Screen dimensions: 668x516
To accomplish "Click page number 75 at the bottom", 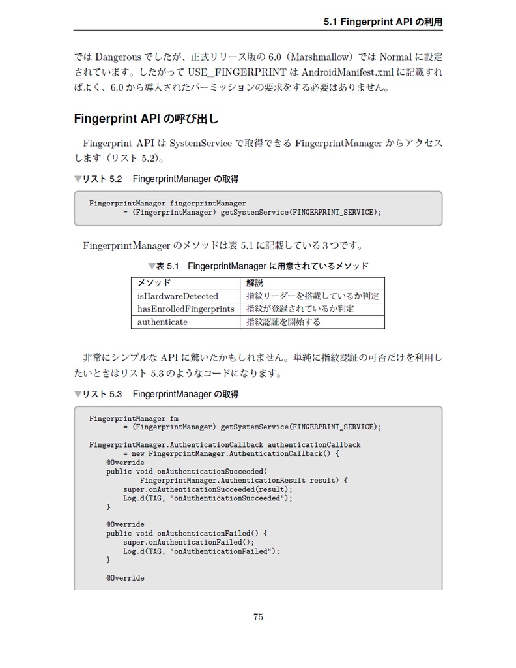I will point(258,617).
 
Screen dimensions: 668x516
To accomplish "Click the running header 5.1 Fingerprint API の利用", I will point(382,22).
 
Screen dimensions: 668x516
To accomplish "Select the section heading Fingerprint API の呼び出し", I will point(147,119).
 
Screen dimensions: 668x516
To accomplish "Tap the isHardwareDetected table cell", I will point(177,296).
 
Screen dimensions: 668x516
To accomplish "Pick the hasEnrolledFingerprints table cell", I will point(185,309).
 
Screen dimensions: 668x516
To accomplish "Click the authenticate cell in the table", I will point(162,322).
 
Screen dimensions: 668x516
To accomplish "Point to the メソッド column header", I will point(154,283).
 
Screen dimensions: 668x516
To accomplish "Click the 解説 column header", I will point(255,283).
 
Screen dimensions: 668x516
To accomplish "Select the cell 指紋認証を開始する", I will point(283,322).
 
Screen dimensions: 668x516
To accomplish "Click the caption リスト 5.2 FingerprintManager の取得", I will point(156,179).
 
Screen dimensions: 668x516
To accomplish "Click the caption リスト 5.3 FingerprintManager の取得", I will point(156,394).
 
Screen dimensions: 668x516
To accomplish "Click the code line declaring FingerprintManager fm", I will point(134,418).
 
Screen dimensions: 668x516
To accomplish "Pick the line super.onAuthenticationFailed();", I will point(188,542).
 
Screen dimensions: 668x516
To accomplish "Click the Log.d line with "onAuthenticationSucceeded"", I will point(208,498).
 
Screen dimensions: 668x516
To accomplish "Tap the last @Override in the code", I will point(125,578).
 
